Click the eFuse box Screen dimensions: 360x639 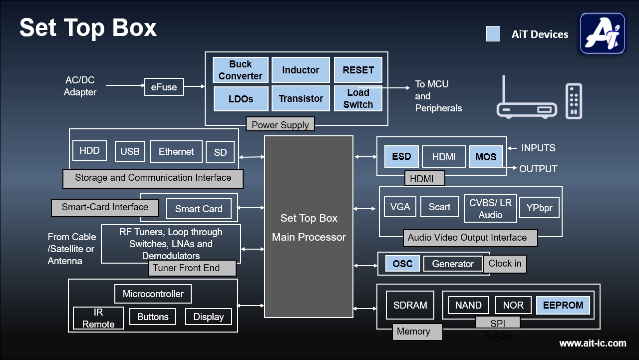click(164, 87)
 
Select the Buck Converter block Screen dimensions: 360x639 click(240, 70)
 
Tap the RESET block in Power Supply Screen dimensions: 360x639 click(358, 70)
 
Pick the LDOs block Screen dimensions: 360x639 click(240, 98)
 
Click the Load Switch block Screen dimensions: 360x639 click(358, 98)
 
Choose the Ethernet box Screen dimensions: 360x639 click(176, 152)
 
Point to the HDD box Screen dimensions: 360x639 click(89, 151)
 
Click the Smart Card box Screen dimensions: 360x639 click(199, 209)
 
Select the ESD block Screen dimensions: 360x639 click(401, 157)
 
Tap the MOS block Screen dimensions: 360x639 click(486, 157)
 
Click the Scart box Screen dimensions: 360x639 click(439, 207)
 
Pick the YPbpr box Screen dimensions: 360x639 click(539, 208)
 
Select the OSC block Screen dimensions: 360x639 click(402, 264)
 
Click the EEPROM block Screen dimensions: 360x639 click(563, 305)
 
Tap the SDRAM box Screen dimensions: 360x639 click(410, 305)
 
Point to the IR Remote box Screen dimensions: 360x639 click(98, 318)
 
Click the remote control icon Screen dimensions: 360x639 click(574, 101)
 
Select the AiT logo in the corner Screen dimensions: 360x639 click(603, 33)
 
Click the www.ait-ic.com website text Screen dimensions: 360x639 click(593, 344)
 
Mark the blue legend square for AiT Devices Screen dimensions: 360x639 click(493, 34)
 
